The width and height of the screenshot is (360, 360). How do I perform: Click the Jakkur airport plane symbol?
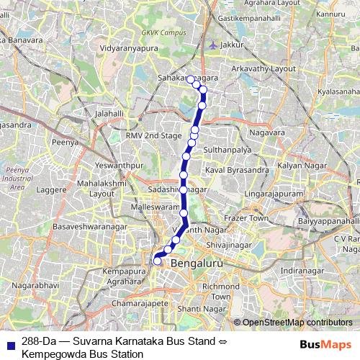pyautogui.click(x=212, y=45)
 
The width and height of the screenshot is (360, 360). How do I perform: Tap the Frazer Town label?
pyautogui.click(x=247, y=217)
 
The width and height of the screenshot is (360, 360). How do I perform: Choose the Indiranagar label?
pyautogui.click(x=298, y=270)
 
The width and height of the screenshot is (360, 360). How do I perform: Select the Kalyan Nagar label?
pyautogui.click(x=298, y=166)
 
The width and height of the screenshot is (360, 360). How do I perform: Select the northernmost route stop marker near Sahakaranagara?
pyautogui.click(x=192, y=80)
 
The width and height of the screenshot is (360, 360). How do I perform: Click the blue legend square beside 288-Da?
pyautogui.click(x=10, y=343)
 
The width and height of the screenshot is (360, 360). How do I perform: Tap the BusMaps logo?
pyautogui.click(x=325, y=345)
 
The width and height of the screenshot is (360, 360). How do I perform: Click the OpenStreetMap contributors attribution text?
pyautogui.click(x=297, y=323)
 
